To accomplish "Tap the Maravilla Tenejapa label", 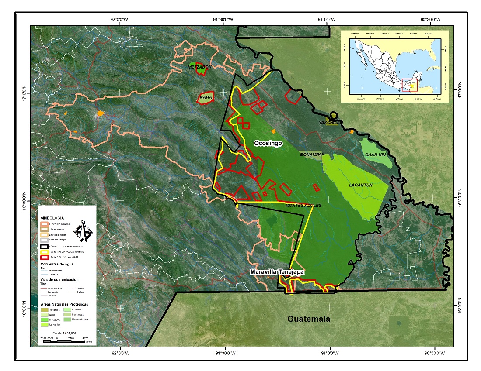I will tap(277, 272).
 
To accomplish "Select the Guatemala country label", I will tap(308, 319).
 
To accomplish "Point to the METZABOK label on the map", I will tap(199, 67).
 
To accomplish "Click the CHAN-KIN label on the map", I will tap(375, 155).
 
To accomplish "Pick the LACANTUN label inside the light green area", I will tap(361, 185).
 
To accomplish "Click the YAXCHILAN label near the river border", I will tap(329, 123).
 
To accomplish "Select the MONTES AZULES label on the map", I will tap(303, 205).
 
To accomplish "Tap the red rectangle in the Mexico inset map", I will tap(410, 85).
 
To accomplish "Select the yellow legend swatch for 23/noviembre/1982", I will tap(44, 252).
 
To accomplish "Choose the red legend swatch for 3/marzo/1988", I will tap(44, 258).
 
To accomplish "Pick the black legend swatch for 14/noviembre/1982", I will tap(44, 247).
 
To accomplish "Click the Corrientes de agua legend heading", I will tap(58, 264).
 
